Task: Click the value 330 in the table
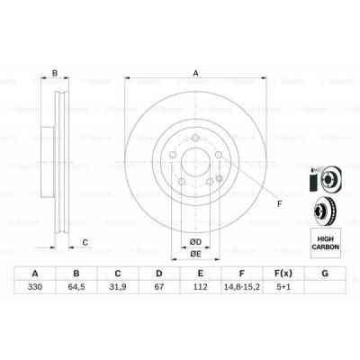(x=35, y=290)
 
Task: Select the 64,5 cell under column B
(x=78, y=290)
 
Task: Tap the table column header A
(x=35, y=274)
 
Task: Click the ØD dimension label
(x=194, y=240)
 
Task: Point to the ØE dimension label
(x=194, y=254)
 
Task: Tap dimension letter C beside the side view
(x=85, y=241)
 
